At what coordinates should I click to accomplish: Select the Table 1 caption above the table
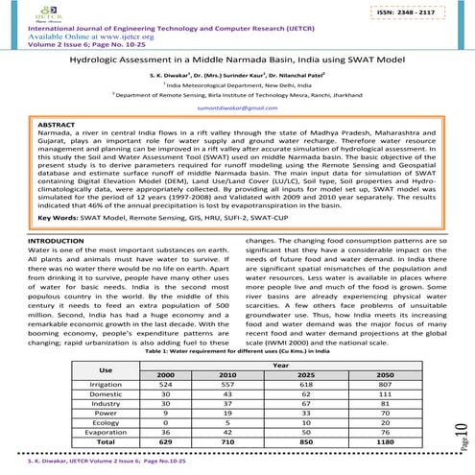tap(237, 351)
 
